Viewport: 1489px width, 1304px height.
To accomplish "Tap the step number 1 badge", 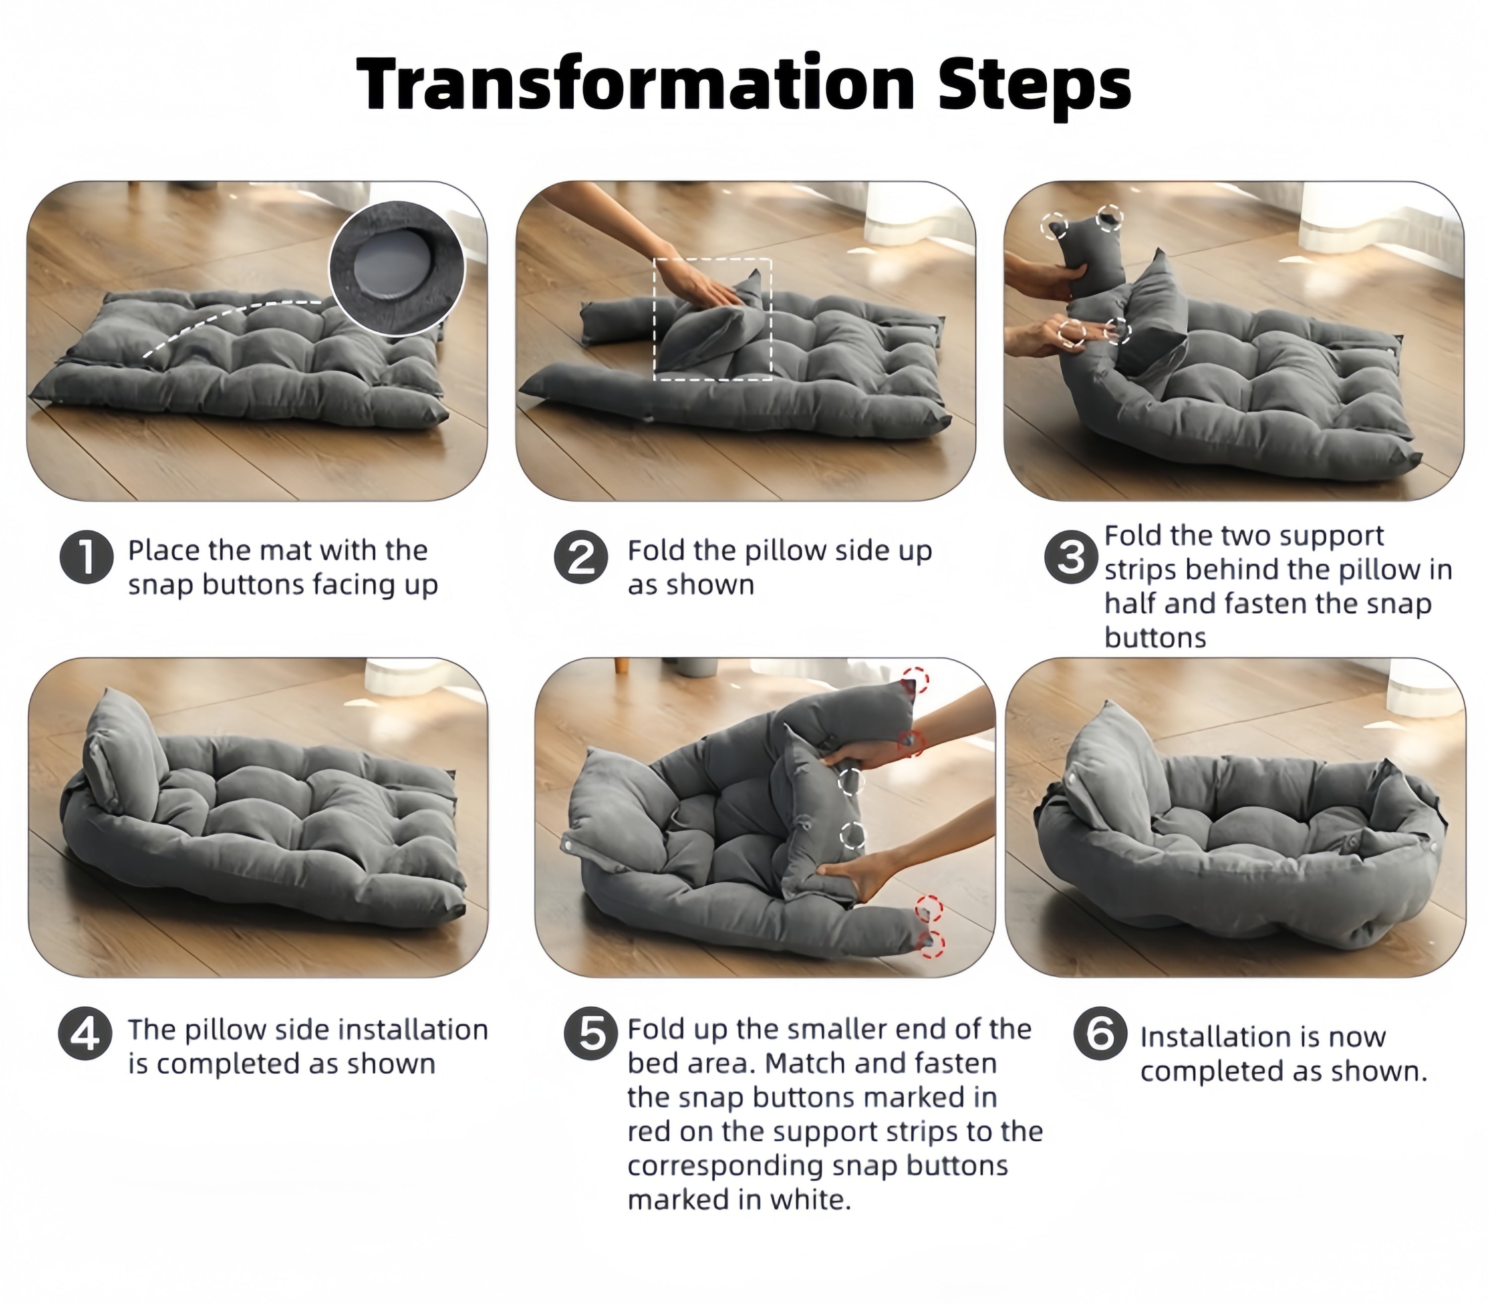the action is point(86,558).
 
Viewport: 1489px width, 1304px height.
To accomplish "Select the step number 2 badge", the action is point(581,558).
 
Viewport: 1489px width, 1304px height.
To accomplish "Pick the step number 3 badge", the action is point(1071,558).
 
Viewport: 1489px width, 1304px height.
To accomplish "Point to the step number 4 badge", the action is point(85,1033).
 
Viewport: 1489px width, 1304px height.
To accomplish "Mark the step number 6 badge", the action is point(1100,1033).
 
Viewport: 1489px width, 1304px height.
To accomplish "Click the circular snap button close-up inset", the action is point(397,268).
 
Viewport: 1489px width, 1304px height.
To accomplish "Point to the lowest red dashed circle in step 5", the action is point(933,944).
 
